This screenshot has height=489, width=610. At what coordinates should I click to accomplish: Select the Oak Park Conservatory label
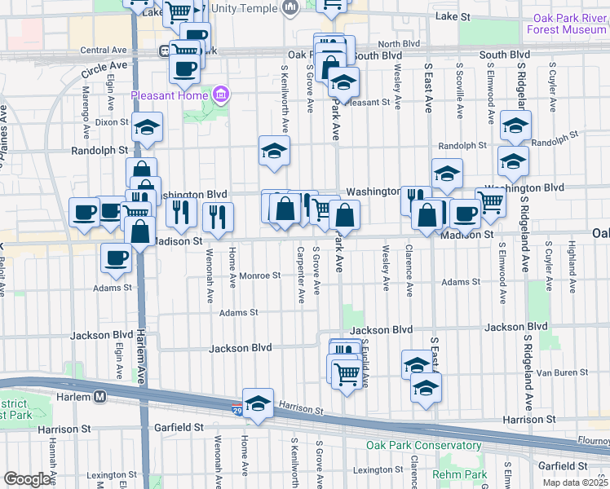click(x=423, y=445)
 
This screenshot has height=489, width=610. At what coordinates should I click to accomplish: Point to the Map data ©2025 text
click(x=576, y=482)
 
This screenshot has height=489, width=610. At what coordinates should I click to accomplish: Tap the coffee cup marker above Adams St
click(x=116, y=258)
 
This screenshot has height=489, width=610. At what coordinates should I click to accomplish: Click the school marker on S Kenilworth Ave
click(x=275, y=150)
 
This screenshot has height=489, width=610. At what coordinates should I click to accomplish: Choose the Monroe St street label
click(x=259, y=275)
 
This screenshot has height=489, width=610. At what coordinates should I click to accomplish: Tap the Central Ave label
click(x=104, y=50)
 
